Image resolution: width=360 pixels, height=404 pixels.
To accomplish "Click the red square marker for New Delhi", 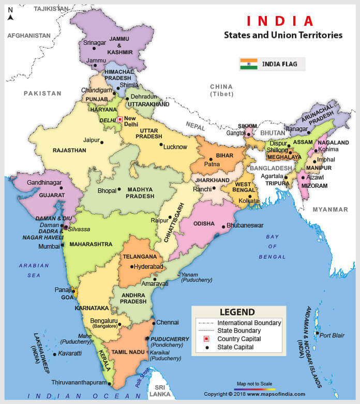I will point(119,119).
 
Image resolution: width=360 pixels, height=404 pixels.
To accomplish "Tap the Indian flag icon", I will point(248,64).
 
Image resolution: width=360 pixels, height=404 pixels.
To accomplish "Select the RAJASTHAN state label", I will point(69,151).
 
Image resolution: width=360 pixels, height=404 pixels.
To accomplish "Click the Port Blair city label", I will point(332,335).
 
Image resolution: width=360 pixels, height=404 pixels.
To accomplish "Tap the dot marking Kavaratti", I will point(54,354).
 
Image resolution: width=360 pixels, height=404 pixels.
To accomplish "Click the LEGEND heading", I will point(237,312).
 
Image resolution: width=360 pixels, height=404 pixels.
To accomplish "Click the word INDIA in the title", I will point(280,21).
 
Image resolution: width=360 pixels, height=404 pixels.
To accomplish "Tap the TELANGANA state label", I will point(139,257).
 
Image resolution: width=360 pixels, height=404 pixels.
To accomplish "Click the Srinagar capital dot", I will point(94,49).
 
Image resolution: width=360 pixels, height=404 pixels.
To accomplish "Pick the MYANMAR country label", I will point(330,209).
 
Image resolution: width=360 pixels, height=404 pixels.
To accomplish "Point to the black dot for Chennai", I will point(153,322).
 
